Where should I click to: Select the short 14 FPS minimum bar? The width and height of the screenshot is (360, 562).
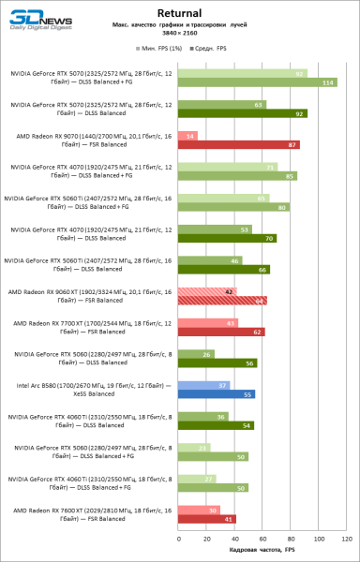187,136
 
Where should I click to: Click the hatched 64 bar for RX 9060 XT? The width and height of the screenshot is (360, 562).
222,301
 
